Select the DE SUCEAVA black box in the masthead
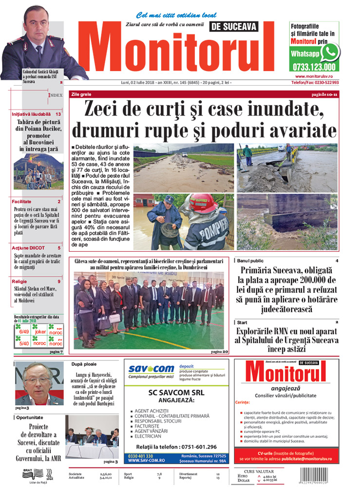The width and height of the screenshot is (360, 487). click(234, 27)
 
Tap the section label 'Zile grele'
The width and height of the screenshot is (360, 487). click(81, 94)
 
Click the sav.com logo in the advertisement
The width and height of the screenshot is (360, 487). click(151, 371)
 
